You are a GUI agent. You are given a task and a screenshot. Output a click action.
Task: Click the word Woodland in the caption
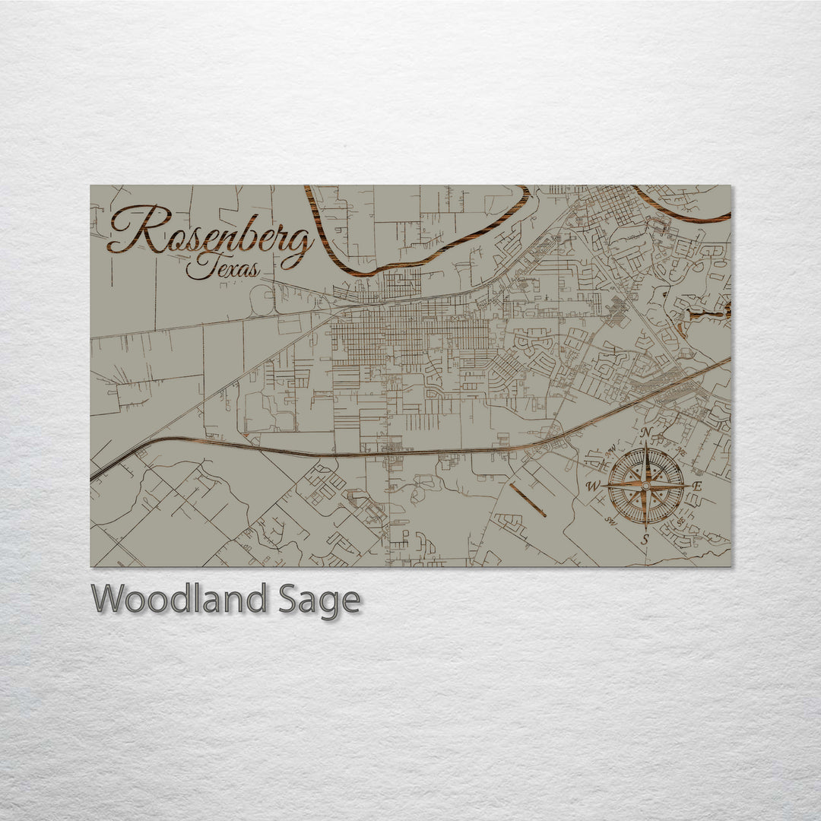(x=179, y=600)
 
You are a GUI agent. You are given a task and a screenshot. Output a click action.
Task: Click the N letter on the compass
(x=646, y=433)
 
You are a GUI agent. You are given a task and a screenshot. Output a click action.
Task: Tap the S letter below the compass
(x=645, y=539)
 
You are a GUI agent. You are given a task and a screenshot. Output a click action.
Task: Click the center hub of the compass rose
(x=646, y=485)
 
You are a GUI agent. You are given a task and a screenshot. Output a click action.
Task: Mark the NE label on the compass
(x=681, y=449)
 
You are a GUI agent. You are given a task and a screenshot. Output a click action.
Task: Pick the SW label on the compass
(x=610, y=521)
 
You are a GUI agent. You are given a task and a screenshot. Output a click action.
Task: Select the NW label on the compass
(x=610, y=449)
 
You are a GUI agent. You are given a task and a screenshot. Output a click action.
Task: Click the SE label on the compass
(x=681, y=521)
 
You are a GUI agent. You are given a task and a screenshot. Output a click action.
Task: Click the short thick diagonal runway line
(x=528, y=499)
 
